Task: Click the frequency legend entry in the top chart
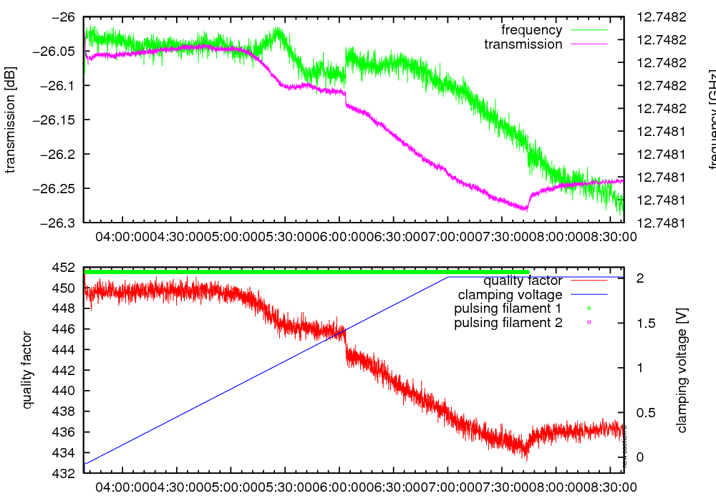(x=531, y=30)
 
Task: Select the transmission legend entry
(x=523, y=44)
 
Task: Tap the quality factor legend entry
(x=523, y=281)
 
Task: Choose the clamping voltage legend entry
(x=509, y=294)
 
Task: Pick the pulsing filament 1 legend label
(x=508, y=308)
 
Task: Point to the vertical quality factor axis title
(x=28, y=370)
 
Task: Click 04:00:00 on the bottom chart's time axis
(x=123, y=487)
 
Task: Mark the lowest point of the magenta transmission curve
(x=526, y=210)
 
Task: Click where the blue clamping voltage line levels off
(x=448, y=277)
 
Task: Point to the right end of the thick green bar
(x=528, y=272)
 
